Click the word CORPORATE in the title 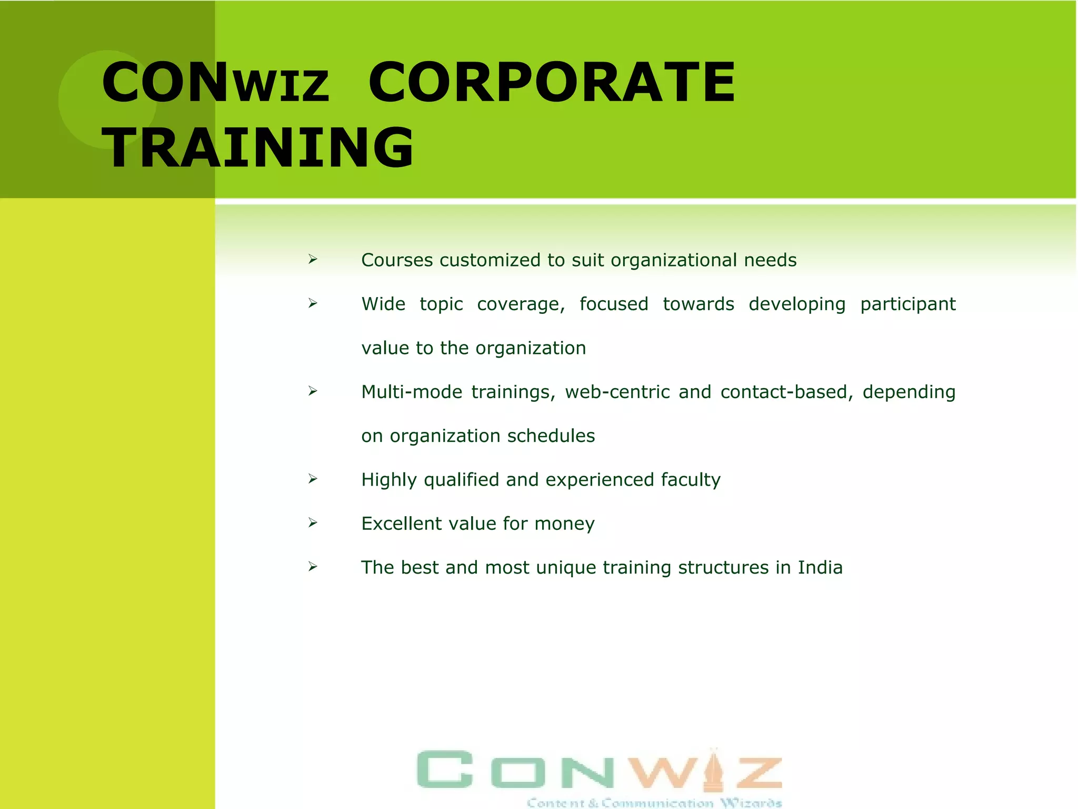tap(551, 82)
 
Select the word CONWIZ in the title tap(215, 82)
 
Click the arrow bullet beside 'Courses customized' tap(313, 259)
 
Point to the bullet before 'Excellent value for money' tap(313, 522)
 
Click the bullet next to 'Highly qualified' tap(313, 479)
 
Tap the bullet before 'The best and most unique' tap(313, 567)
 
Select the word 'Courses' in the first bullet tap(397, 260)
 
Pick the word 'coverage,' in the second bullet tap(521, 304)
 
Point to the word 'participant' tap(907, 304)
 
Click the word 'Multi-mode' tap(412, 392)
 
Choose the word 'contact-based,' tap(786, 392)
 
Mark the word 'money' tap(564, 524)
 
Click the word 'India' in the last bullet tap(820, 567)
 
